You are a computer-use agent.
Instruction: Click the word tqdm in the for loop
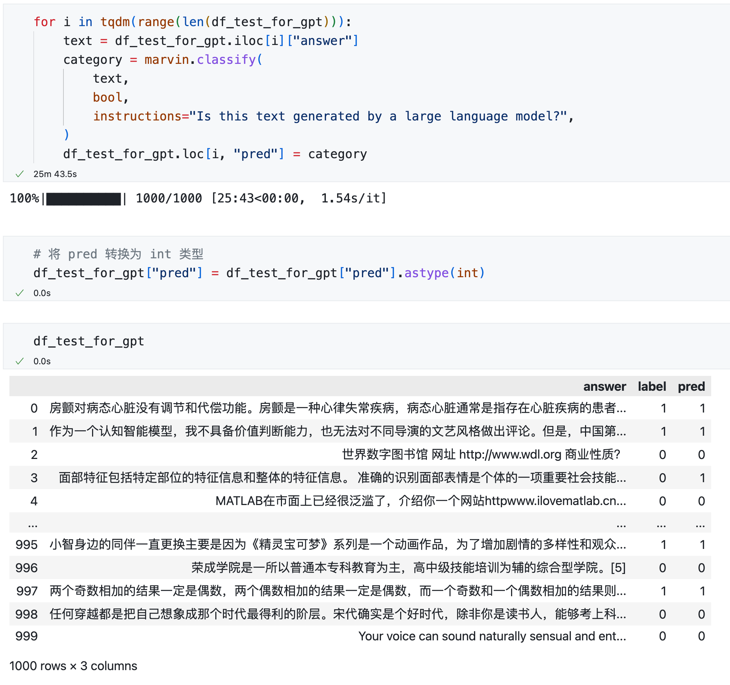pos(115,22)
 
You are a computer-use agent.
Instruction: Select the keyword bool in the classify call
pos(107,97)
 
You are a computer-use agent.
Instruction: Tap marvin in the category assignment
pos(167,60)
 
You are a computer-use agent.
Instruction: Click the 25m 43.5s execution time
pos(55,174)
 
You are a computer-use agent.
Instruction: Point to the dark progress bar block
pos(83,199)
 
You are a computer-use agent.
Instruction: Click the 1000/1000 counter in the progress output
pos(169,198)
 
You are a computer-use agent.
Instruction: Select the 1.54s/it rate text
pos(354,198)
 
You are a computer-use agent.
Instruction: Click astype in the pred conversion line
pos(426,273)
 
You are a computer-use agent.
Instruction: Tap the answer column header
pos(605,387)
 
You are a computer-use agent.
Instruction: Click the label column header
pos(652,387)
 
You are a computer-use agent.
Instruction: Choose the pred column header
pos(691,387)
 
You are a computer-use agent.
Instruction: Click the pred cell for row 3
pos(702,478)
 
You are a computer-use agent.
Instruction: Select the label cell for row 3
pos(663,478)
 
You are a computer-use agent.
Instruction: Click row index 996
pos(26,568)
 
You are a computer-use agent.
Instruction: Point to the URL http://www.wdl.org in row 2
pos(510,455)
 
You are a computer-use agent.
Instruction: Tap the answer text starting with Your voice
pos(492,636)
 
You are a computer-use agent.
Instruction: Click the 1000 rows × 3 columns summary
pos(73,666)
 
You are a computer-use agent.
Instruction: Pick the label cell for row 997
pos(663,591)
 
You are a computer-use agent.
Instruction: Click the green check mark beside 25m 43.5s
pos(20,174)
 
